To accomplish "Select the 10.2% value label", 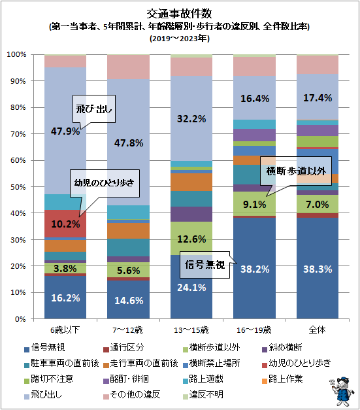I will coord(65,224).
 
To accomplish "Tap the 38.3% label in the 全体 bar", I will coord(318,268).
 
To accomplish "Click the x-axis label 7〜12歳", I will coord(128,327).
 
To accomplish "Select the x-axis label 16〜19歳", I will coord(255,327).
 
